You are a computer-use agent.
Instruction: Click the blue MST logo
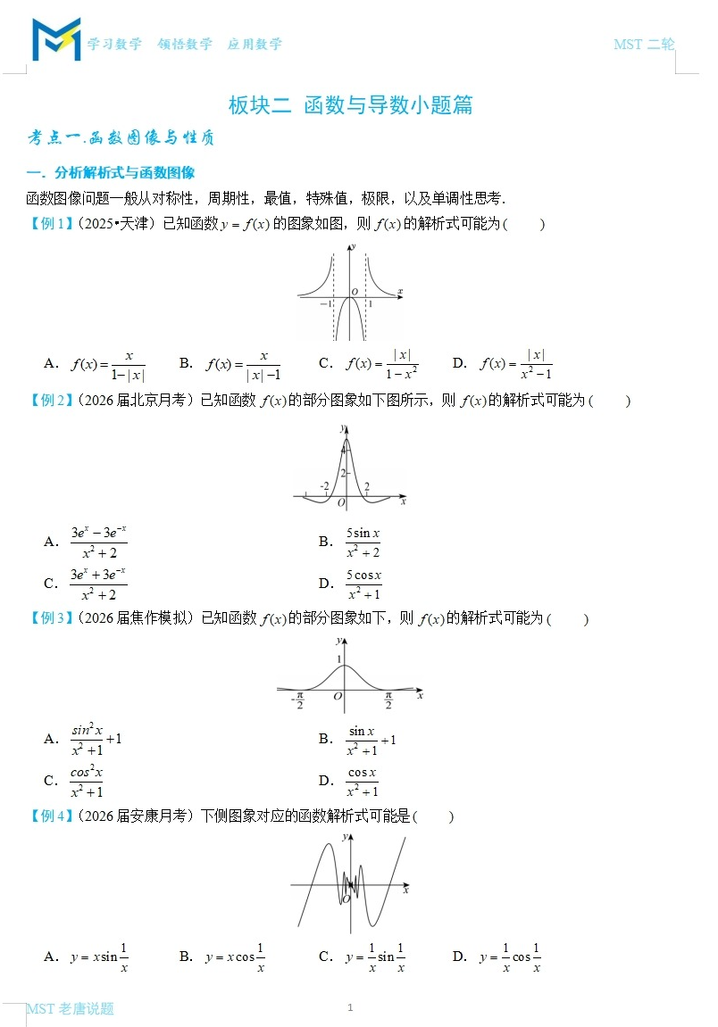pyautogui.click(x=56, y=39)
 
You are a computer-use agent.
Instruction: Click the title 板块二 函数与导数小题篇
pyautogui.click(x=350, y=105)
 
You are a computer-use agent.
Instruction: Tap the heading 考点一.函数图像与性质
pyautogui.click(x=121, y=138)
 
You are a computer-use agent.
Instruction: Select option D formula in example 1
pyautogui.click(x=516, y=364)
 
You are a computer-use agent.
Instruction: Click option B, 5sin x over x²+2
pyautogui.click(x=363, y=542)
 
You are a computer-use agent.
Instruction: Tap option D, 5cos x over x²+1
pyautogui.click(x=363, y=584)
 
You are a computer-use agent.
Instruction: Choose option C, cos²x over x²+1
pyautogui.click(x=87, y=781)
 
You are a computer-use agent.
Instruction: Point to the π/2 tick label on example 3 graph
pyautogui.click(x=388, y=702)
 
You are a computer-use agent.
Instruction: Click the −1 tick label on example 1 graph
pyautogui.click(x=326, y=304)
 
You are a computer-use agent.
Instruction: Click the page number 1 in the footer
pyautogui.click(x=350, y=1007)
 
